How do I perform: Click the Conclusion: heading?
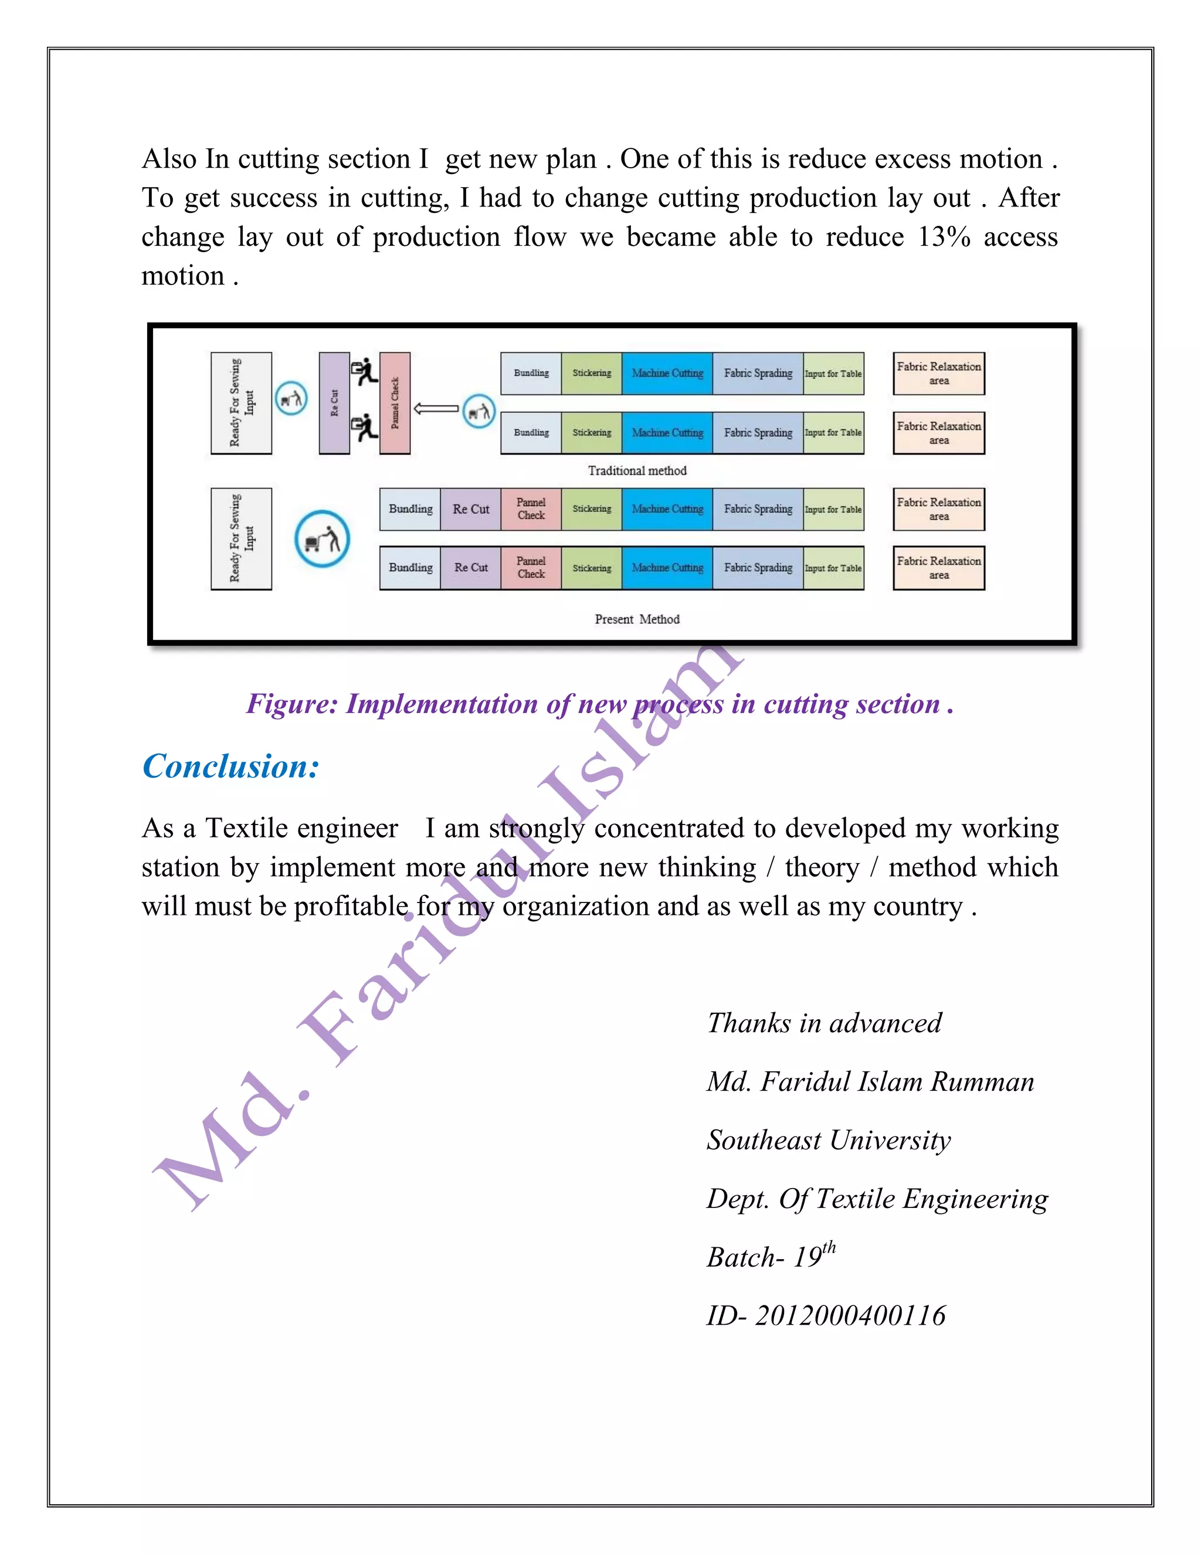pos(230,767)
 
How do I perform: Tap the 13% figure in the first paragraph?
pos(944,237)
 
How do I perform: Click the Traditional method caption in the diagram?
pos(637,470)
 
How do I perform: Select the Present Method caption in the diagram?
pos(637,619)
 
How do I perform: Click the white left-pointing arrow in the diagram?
pos(436,408)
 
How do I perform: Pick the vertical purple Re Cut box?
pos(334,403)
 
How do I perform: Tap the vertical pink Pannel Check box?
pos(395,403)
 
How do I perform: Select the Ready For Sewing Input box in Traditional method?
pos(241,403)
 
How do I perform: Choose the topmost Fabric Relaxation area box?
pos(938,374)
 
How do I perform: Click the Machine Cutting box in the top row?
pos(667,374)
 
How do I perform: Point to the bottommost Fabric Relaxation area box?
pos(938,568)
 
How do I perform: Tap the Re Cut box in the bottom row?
pos(471,568)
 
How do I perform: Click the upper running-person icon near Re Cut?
pos(364,371)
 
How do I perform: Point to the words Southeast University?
pos(828,1141)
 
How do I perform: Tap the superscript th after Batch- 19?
pos(829,1248)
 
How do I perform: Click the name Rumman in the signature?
pos(983,1083)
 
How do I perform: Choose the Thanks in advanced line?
pos(824,1023)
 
